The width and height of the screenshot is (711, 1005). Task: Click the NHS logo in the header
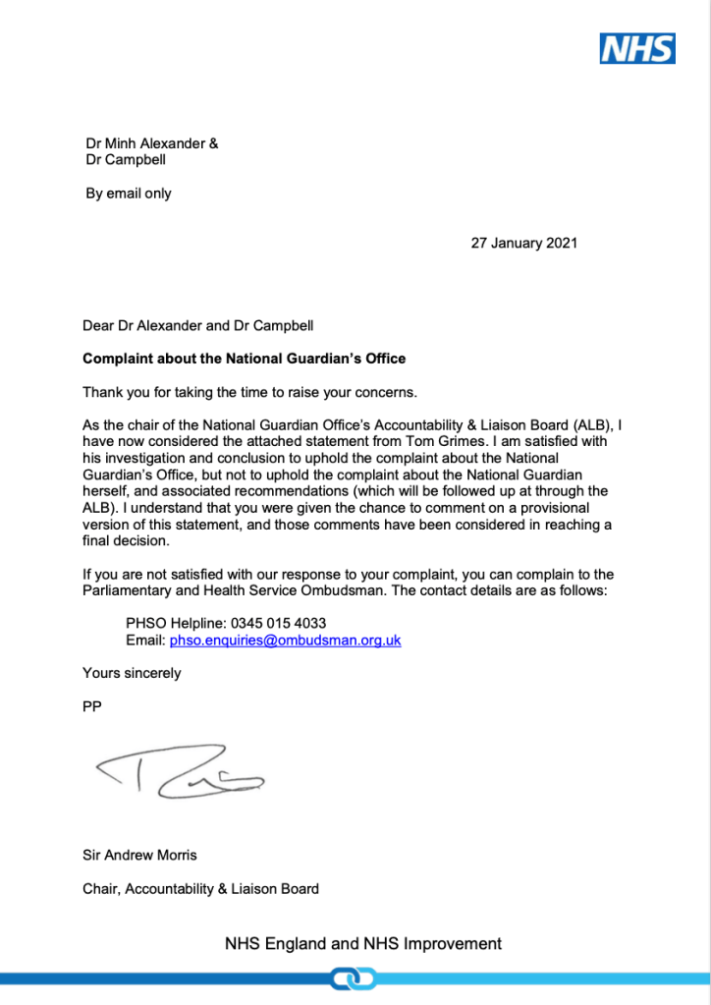coord(637,48)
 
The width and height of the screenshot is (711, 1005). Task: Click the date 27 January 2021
coord(523,243)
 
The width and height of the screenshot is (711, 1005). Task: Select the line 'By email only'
coord(129,194)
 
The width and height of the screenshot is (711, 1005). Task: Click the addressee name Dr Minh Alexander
coord(146,143)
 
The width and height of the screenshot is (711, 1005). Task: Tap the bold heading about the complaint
coord(244,359)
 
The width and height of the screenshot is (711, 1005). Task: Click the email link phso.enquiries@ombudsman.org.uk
coord(285,641)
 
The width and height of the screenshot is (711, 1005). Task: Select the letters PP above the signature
coord(92,706)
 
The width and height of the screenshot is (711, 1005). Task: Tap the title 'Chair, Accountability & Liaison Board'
coord(200,889)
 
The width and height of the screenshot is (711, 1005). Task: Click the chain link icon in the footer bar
coord(355,978)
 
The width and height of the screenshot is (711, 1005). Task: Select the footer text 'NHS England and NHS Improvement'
coord(362,944)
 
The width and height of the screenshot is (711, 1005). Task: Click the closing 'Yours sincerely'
coord(132,673)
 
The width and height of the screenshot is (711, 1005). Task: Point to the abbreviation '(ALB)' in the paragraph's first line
coord(580,425)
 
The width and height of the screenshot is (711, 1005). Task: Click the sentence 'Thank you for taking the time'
coord(250,393)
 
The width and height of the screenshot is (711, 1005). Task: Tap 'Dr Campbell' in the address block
coord(125,160)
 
